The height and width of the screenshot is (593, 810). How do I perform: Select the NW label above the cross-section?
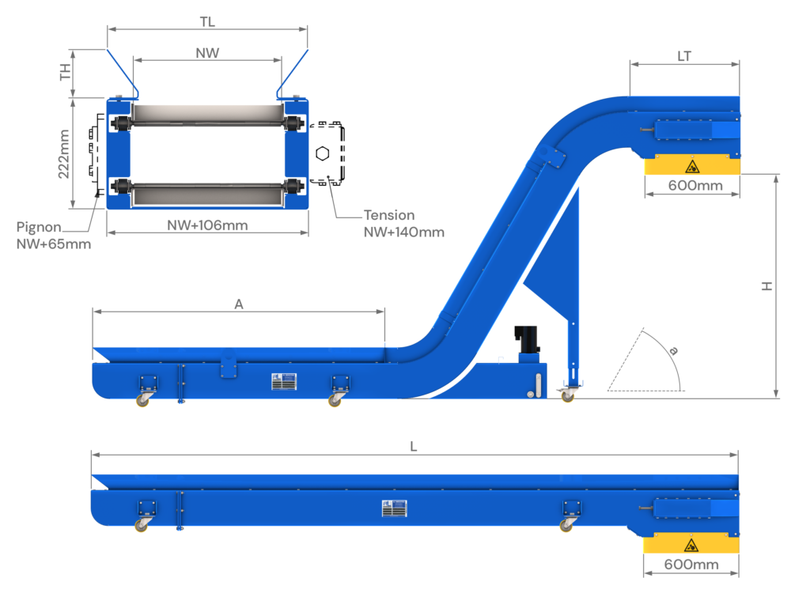pos(207,53)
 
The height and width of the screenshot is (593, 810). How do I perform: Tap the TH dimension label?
pos(66,72)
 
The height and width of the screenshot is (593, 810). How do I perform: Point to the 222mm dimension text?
pos(66,153)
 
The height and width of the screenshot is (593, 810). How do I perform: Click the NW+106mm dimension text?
pos(207,225)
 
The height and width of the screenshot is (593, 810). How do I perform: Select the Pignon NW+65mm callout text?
pos(54,236)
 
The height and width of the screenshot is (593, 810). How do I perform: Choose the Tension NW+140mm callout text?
pos(403,224)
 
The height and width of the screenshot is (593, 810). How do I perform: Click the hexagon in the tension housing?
pos(322,153)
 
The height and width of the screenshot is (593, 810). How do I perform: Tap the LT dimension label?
pos(685,56)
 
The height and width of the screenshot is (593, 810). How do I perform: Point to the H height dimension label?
pos(766,286)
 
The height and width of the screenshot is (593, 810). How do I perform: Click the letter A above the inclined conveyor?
pos(238,304)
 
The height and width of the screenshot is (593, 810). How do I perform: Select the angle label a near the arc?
pos(672,349)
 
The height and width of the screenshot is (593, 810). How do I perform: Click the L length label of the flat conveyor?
pos(414,446)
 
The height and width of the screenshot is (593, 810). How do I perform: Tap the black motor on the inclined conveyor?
pos(526,339)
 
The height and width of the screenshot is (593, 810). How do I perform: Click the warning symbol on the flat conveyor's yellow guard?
pos(691,544)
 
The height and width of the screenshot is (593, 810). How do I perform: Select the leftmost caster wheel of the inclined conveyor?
pos(143,400)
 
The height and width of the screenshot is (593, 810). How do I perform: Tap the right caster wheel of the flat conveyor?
pos(566,524)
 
